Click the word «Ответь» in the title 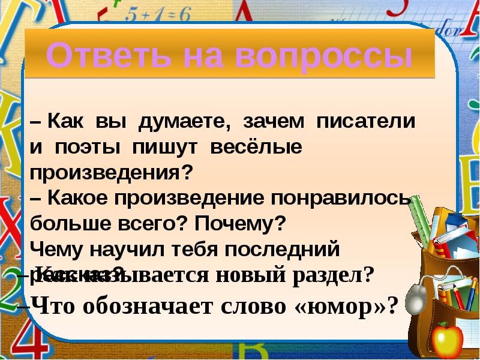92,56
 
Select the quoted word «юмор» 346,306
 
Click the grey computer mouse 415,296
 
